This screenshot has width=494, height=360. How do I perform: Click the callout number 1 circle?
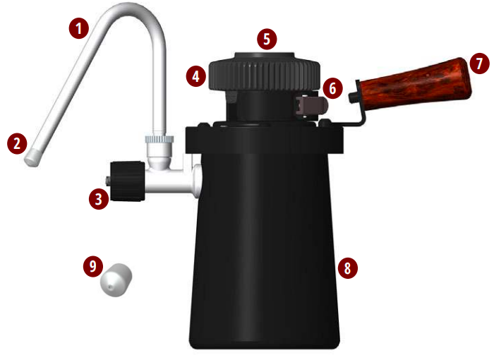coord(79,28)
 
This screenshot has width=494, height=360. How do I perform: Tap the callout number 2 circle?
coord(17,144)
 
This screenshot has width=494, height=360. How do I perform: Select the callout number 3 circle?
coord(99,199)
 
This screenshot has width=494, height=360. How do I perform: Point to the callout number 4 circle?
coord(196,76)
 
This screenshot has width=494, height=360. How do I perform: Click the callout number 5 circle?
coord(267,39)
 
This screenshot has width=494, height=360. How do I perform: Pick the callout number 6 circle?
coord(332,88)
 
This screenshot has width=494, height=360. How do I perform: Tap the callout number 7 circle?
coord(479,64)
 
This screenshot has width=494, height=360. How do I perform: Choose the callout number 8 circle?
coord(347,268)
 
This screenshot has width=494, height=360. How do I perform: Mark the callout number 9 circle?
coord(93,266)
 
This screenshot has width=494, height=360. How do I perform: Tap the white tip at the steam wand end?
coord(32,158)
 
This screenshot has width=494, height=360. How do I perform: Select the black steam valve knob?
coord(128,181)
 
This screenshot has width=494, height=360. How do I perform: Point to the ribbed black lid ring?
coord(265,75)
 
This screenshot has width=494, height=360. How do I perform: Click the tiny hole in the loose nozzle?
coord(109,287)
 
